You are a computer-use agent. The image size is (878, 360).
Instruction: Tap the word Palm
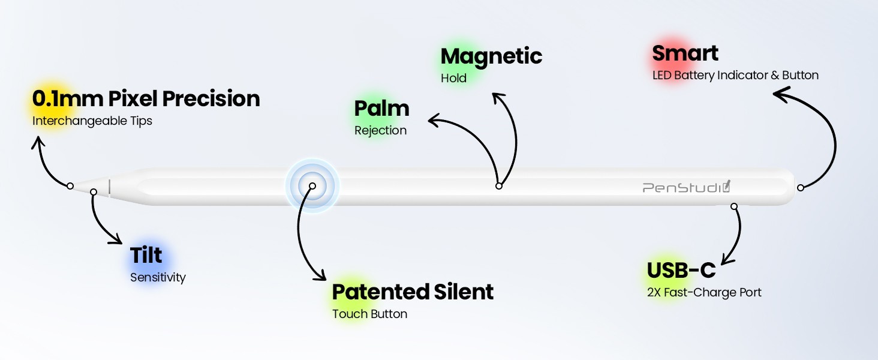pyautogui.click(x=381, y=109)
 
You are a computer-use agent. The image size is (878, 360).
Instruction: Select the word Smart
pyautogui.click(x=685, y=53)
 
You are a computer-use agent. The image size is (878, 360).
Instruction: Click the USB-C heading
pyautogui.click(x=681, y=270)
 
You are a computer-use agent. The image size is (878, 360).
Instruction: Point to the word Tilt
pyautogui.click(x=146, y=255)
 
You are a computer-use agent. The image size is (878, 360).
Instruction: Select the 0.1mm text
pyautogui.click(x=67, y=98)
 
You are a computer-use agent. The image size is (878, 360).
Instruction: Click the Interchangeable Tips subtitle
pyautogui.click(x=92, y=121)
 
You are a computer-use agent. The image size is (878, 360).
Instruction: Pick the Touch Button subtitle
pyautogui.click(x=369, y=314)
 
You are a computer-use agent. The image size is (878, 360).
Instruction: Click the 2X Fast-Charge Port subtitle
pyautogui.click(x=704, y=293)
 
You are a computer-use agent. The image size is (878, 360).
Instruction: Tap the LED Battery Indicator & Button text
pyautogui.click(x=735, y=75)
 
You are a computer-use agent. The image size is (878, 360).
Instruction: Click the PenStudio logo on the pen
pyautogui.click(x=686, y=187)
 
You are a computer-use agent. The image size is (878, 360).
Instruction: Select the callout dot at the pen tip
pyautogui.click(x=70, y=186)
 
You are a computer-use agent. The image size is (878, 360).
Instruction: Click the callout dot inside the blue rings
pyautogui.click(x=312, y=186)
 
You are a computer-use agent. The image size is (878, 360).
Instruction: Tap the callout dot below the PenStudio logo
pyautogui.click(x=734, y=206)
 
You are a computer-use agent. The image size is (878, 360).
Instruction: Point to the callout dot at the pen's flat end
pyautogui.click(x=801, y=188)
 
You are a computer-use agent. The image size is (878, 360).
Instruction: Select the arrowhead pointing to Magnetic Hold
pyautogui.click(x=498, y=98)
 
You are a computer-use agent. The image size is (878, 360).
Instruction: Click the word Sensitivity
pyautogui.click(x=158, y=278)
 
